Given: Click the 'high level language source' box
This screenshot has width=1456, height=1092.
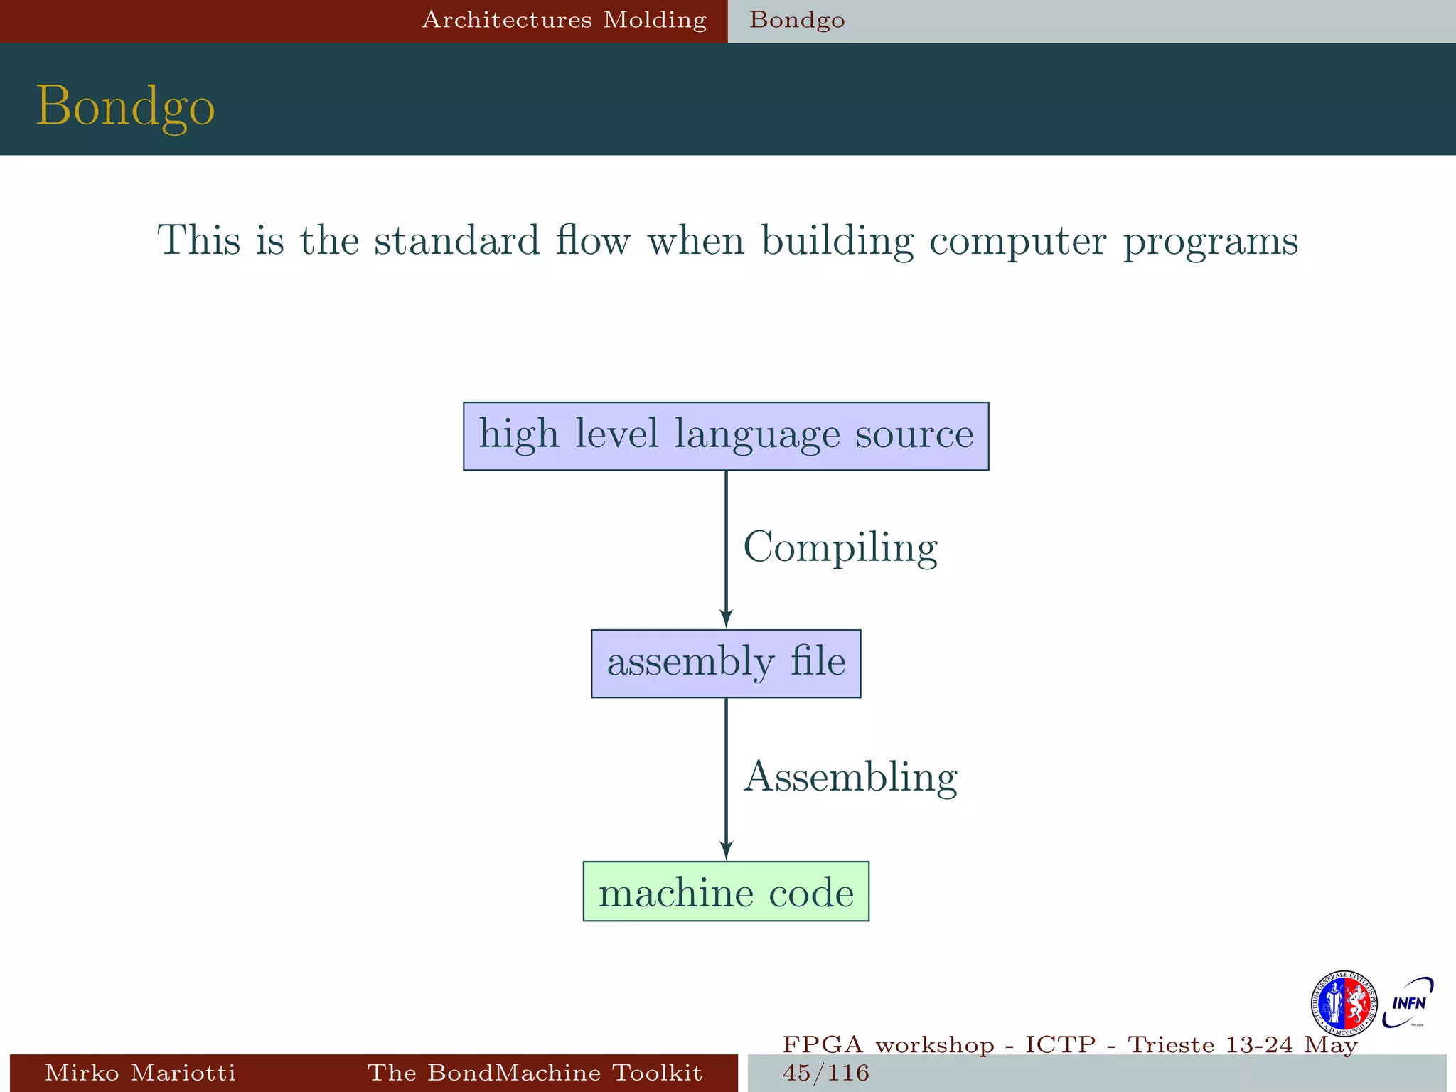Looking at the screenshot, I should pos(726,436).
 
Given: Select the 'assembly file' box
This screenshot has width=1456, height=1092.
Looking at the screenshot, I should pos(726,663).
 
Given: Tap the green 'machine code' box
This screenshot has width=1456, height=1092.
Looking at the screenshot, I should pos(726,892).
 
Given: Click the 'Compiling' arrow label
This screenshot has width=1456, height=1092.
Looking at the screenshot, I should pos(840,549).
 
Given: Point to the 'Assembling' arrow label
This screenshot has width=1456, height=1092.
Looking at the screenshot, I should pos(850,777).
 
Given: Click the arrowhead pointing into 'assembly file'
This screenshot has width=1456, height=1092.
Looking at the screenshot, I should pos(726,618).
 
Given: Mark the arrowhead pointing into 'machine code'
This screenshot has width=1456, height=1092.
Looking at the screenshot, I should pos(726,850).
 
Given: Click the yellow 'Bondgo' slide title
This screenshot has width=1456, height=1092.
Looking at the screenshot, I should pos(125,107).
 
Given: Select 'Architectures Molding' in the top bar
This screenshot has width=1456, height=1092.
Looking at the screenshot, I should pos(564,20).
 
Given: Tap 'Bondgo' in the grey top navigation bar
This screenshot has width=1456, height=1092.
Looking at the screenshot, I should pos(797,20).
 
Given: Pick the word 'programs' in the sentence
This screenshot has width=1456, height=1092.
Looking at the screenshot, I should pos(1211,242).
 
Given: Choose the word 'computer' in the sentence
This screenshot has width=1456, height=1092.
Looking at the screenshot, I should pos(1018,242).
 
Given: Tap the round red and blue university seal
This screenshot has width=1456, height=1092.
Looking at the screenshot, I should pos(1343,1004).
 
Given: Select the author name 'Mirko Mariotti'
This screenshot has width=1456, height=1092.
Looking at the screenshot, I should pos(140,1072).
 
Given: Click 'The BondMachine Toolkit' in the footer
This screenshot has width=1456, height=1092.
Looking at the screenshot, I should pos(535,1072).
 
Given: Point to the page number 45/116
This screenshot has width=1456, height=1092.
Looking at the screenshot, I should pos(825,1073).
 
